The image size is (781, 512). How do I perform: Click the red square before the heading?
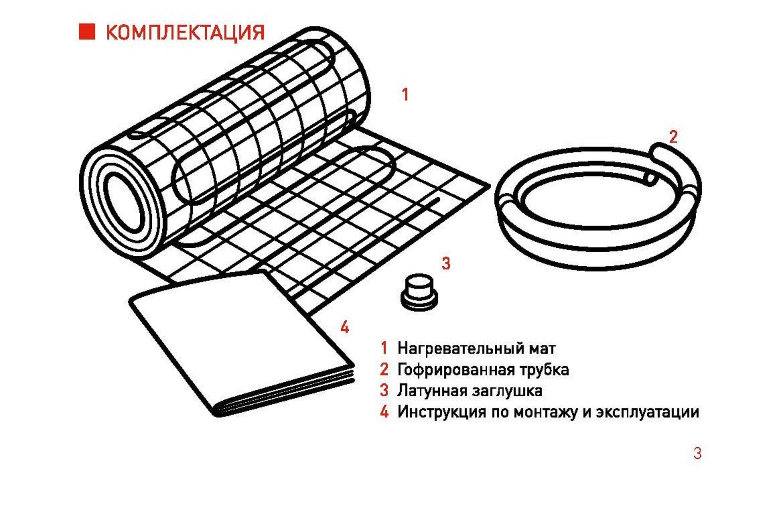87,31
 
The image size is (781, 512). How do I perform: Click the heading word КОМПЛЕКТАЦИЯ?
185,33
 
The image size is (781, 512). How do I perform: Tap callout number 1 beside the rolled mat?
405,94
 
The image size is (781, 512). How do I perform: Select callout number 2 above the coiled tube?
673,137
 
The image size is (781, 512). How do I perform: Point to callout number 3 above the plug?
446,263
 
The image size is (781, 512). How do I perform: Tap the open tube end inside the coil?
651,178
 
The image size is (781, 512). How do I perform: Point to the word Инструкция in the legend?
441,412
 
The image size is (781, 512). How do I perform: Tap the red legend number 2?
384,369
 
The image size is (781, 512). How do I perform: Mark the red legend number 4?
384,411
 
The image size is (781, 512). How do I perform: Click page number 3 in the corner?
697,453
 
